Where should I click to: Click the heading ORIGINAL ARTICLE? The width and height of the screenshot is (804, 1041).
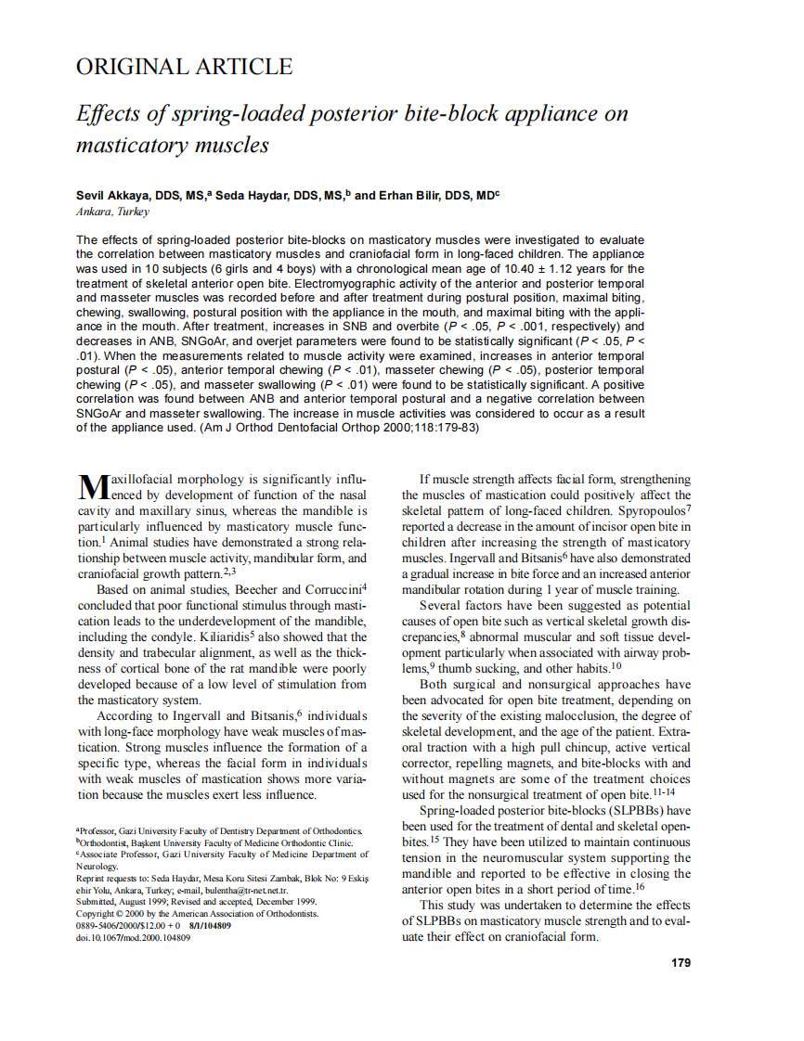point(184,67)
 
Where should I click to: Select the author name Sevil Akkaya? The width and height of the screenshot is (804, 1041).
point(115,196)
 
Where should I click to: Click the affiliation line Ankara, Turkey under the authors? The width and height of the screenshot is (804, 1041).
point(112,212)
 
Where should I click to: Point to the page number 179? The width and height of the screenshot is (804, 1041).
point(681,962)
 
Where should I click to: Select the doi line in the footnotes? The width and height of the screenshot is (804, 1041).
point(133,938)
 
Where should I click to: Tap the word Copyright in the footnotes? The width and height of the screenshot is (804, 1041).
point(97,913)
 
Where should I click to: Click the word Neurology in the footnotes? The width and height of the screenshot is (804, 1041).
point(97,865)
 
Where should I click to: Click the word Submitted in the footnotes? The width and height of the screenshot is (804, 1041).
point(97,901)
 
